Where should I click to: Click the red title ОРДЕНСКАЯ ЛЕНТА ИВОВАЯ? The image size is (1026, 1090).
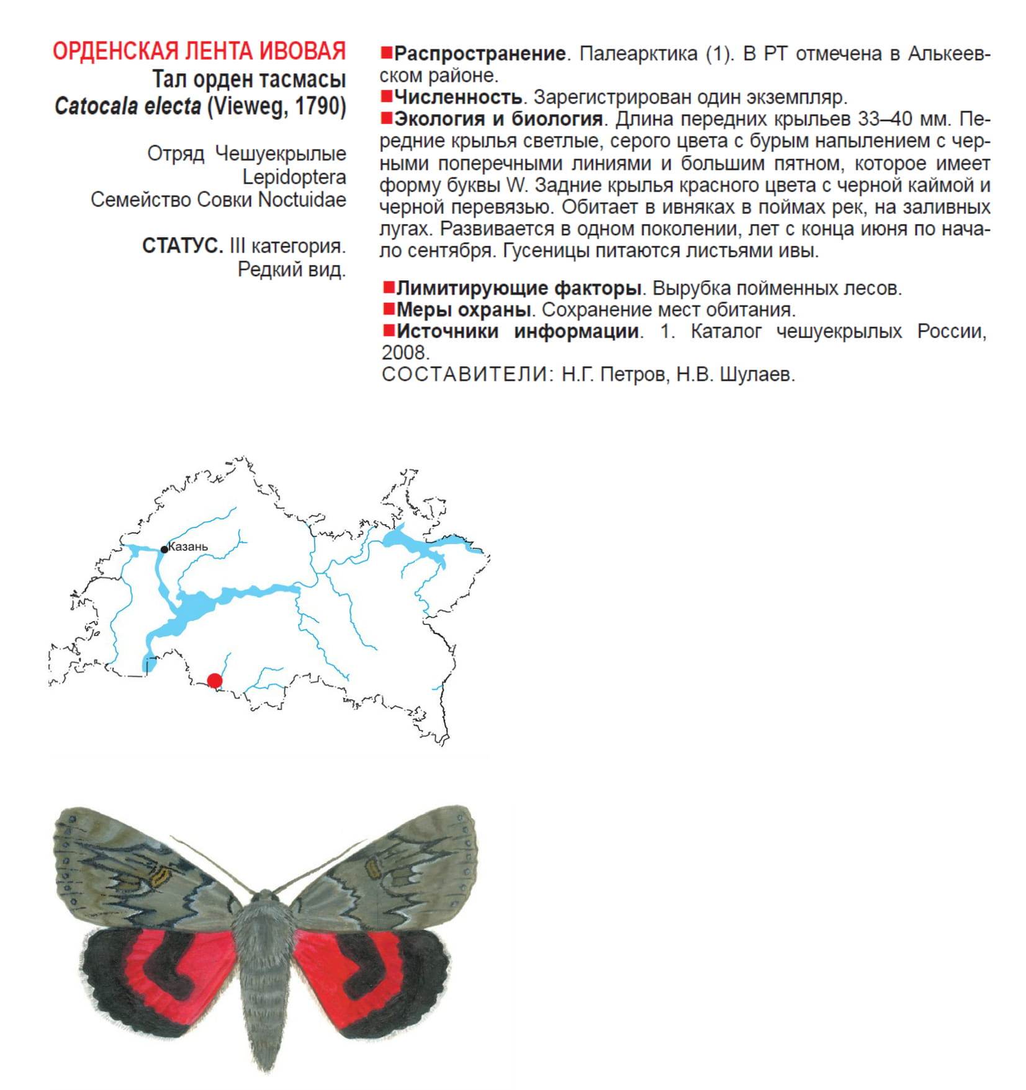[199, 51]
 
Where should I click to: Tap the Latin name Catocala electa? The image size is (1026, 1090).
[127, 106]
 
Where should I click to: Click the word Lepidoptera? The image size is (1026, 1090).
[294, 177]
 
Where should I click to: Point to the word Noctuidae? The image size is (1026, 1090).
[302, 200]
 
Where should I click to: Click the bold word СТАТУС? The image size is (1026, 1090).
[182, 246]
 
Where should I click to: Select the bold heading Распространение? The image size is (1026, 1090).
[479, 54]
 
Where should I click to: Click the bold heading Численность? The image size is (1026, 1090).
[458, 97]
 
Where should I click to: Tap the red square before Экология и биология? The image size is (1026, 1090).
[386, 117]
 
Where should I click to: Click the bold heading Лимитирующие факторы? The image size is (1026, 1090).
[518, 288]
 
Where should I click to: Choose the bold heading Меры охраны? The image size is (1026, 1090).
[463, 310]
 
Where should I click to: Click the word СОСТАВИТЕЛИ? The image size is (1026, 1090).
[464, 375]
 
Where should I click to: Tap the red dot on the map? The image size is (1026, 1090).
[215, 681]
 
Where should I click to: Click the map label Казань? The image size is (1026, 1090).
[188, 547]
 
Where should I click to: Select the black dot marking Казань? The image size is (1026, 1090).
[164, 549]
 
